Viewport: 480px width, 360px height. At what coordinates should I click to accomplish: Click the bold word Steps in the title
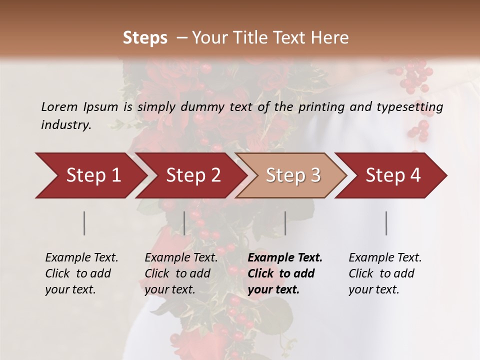click(145, 38)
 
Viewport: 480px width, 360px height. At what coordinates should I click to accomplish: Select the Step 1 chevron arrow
click(90, 175)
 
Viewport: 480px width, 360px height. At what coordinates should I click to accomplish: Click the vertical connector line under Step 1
click(84, 223)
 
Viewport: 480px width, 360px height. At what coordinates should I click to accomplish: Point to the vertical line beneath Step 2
click(184, 223)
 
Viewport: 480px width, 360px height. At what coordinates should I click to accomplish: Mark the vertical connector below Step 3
click(285, 223)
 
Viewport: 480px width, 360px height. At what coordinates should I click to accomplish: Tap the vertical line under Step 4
click(386, 223)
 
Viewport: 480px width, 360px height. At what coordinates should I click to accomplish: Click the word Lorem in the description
click(59, 106)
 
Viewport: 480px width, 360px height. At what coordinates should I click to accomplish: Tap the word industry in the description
click(65, 124)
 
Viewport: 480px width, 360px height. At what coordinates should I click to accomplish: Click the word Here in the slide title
click(330, 38)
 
